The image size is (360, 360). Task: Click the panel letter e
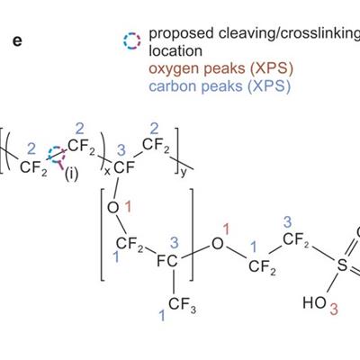coord(17,41)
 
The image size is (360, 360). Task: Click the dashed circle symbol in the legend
coord(132,41)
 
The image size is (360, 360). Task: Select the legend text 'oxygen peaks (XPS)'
coord(220,68)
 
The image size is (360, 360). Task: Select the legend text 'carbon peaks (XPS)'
coord(220,86)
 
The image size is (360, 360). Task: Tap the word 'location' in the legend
coord(175,51)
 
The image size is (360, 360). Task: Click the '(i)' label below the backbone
coord(71,175)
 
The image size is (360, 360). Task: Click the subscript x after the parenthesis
coord(107,173)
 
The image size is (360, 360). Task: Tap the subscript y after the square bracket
coord(184,173)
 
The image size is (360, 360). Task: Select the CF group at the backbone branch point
coord(124,167)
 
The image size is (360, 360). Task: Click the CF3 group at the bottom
coord(182,305)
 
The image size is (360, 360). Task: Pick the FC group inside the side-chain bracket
coord(167,261)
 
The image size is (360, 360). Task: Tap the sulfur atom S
coord(342,265)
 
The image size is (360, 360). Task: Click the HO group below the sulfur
coord(314,302)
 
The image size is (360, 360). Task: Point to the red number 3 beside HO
coord(334,310)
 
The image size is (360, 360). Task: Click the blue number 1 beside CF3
coord(162,316)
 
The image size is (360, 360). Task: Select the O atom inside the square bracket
coord(112,207)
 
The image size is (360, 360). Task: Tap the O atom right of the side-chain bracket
coord(218,244)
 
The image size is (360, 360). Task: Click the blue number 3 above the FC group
coord(175,242)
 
